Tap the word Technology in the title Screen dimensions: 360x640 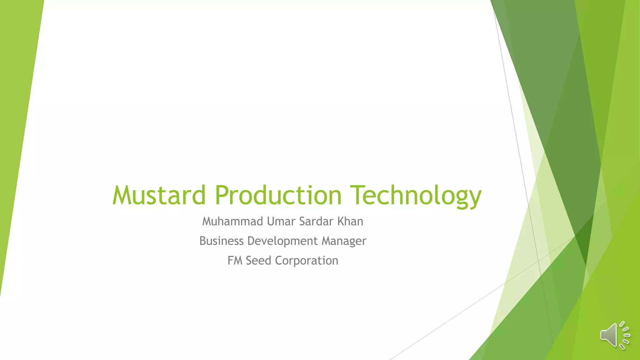416,196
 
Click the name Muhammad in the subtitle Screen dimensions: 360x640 232,222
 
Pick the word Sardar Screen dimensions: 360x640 316,222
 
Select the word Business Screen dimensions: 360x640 221,241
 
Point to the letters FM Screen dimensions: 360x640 235,261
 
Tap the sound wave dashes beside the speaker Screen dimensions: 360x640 625,335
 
